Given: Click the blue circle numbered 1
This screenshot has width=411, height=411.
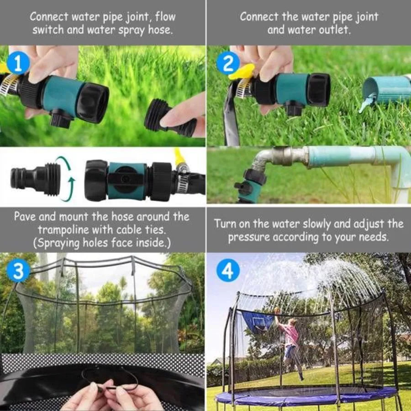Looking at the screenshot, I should (18, 63).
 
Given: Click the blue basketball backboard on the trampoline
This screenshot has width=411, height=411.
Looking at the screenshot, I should (258, 322).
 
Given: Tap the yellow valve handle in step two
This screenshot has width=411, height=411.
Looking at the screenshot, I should (242, 72).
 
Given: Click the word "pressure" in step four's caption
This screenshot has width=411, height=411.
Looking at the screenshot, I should (249, 237).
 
